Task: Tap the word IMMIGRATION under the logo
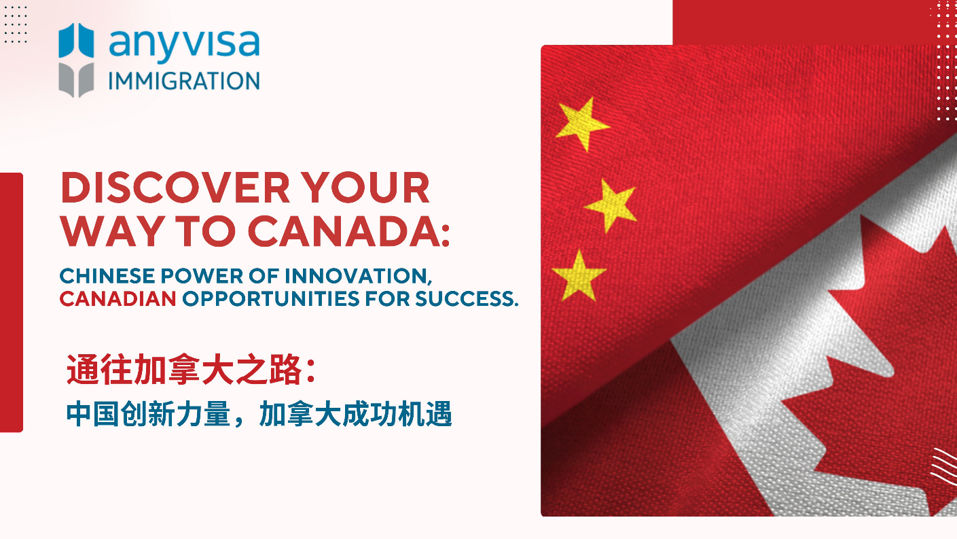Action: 184,81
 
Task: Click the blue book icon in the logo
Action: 76,41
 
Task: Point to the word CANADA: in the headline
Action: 349,231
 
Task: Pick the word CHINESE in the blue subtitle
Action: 107,276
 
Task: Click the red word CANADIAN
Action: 118,299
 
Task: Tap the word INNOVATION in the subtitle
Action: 359,276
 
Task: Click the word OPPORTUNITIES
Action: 271,299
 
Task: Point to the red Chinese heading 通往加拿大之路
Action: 191,370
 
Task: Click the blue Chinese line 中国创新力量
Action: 148,414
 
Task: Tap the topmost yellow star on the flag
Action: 582,124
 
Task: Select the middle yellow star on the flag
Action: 611,205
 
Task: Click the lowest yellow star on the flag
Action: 579,276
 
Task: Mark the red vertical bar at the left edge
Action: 11,302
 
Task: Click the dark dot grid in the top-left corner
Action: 16,24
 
